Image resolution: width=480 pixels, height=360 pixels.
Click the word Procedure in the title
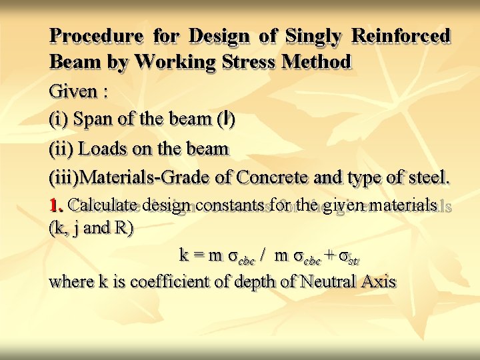click(x=96, y=36)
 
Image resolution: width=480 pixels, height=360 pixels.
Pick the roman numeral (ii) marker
click(x=61, y=149)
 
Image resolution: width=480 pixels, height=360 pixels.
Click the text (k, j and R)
click(x=91, y=228)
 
